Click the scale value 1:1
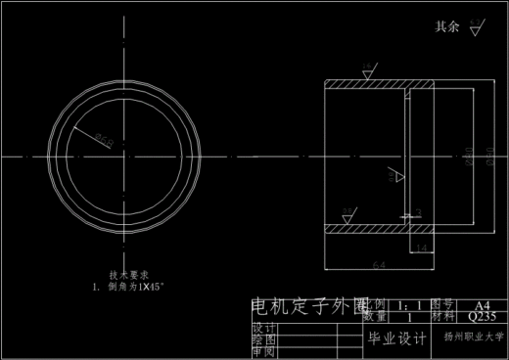point(404,305)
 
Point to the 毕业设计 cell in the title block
point(396,339)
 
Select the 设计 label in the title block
point(263,327)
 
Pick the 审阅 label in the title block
point(263,351)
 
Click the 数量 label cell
point(374,317)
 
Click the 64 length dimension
point(379,264)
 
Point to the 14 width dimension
point(422,250)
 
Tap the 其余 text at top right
point(446,27)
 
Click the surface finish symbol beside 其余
point(476,26)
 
